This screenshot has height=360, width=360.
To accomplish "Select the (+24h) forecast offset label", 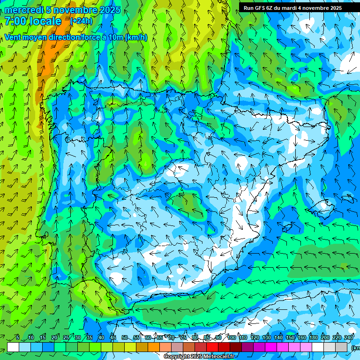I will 81,21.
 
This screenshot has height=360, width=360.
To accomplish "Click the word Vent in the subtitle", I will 14,37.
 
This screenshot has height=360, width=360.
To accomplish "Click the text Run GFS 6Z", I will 258,8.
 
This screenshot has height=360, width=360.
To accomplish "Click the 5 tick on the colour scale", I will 18,338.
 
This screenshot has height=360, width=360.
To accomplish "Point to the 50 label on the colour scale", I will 125,338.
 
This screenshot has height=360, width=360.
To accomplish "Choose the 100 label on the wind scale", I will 231,338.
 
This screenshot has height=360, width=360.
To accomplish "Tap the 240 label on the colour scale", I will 349,338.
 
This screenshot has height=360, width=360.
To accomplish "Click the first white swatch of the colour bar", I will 13,347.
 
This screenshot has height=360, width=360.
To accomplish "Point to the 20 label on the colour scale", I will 54,338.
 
